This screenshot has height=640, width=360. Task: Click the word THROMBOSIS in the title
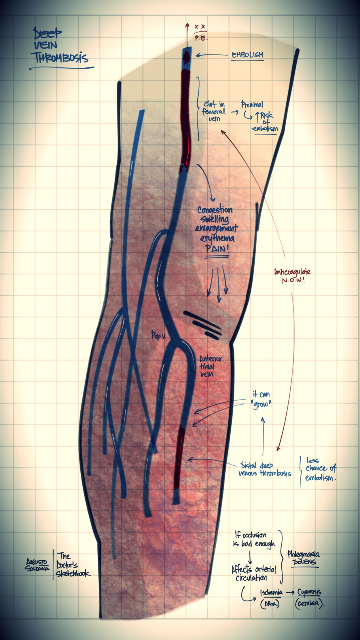point(61,58)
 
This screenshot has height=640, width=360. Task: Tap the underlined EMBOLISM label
point(247,55)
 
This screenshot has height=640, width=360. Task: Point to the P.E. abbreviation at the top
point(201,38)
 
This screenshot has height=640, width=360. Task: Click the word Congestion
point(215,210)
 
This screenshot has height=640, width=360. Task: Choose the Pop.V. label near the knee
point(159,336)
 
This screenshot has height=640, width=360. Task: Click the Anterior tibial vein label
point(211,366)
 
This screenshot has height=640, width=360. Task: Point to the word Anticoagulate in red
point(292,272)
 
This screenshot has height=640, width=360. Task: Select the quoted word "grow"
point(261,405)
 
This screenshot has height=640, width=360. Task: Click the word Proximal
point(252,104)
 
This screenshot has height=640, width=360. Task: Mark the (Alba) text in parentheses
point(270,604)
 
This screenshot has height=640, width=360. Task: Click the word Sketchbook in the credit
point(73,573)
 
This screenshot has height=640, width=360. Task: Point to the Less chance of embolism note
point(320,468)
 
